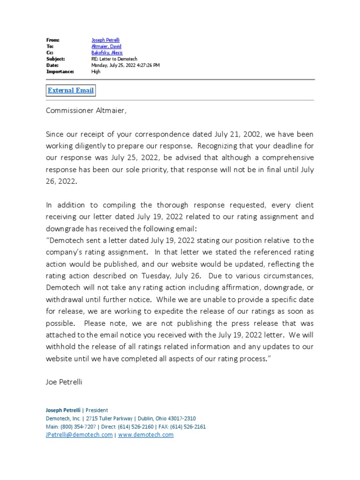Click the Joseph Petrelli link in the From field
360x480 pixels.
tap(105, 40)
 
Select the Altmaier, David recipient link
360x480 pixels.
tap(106, 46)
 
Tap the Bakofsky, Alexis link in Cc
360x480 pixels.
tap(107, 53)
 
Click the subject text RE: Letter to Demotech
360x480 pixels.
tap(112, 59)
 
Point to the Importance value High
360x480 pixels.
tap(96, 72)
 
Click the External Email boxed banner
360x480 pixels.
tap(71, 90)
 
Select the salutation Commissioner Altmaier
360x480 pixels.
tap(86, 111)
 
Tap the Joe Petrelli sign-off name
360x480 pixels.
tap(64, 382)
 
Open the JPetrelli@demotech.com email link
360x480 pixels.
tap(79, 435)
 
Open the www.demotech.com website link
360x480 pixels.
tap(146, 435)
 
